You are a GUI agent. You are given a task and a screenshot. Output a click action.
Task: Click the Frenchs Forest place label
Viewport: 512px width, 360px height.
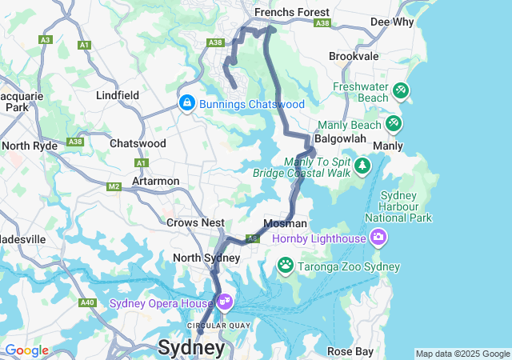tap(291, 12)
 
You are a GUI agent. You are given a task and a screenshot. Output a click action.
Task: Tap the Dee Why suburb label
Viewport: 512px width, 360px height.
tap(391, 22)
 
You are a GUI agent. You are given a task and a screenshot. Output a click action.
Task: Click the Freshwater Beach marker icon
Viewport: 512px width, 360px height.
tap(401, 91)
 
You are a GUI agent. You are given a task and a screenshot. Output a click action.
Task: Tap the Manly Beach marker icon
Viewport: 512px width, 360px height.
tap(393, 124)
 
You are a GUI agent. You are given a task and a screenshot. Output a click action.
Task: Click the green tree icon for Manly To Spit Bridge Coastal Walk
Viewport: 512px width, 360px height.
tap(363, 166)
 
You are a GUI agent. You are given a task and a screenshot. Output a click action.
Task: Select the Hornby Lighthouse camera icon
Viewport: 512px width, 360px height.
tap(378, 238)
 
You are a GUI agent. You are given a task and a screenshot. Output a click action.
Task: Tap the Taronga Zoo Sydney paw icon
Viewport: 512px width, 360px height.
tap(286, 264)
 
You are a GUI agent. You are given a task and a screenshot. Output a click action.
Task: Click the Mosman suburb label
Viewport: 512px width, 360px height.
tap(286, 223)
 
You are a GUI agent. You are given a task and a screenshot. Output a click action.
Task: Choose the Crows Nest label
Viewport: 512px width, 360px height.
tap(195, 222)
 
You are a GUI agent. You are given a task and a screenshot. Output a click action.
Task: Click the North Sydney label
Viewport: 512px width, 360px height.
tap(206, 258)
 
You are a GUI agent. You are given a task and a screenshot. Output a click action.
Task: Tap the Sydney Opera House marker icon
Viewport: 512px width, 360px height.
tap(225, 302)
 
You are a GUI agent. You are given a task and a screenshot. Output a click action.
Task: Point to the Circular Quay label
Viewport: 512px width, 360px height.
tap(218, 325)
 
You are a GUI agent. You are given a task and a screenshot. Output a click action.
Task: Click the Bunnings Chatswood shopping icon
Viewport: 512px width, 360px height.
tap(186, 103)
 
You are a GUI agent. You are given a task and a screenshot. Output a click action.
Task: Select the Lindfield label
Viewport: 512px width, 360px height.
tap(117, 95)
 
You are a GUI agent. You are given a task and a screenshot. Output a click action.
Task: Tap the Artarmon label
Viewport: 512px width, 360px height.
tap(156, 181)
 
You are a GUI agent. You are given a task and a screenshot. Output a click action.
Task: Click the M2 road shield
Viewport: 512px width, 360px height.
tap(114, 186)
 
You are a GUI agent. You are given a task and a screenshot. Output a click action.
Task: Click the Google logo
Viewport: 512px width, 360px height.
tap(26, 350)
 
